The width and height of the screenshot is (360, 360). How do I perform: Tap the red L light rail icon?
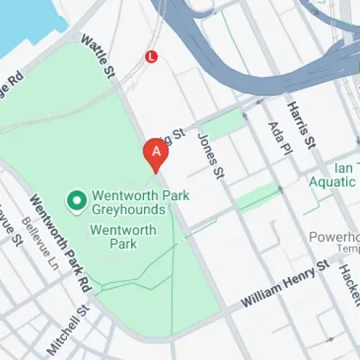(151, 55)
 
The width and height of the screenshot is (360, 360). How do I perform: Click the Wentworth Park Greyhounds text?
(127, 202)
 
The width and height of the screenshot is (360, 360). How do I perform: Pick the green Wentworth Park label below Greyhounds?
(122, 237)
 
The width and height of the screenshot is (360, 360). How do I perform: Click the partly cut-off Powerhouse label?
(333, 237)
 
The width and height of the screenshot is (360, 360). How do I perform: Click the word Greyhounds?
(127, 210)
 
